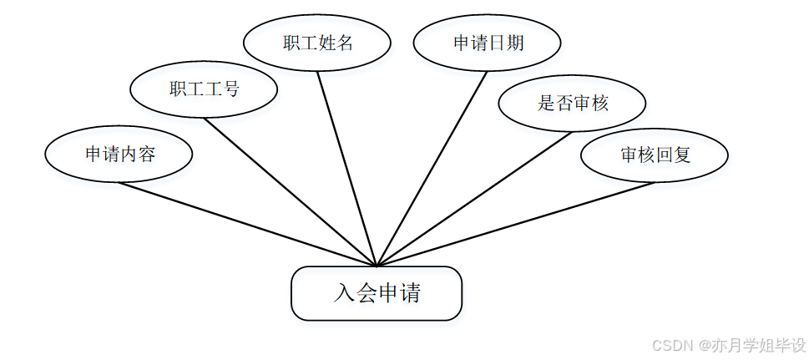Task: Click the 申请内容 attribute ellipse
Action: pyautogui.click(x=119, y=155)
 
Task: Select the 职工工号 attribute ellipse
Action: pyautogui.click(x=204, y=89)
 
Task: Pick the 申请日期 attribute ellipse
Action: pyautogui.click(x=488, y=43)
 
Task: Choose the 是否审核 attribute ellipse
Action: pyautogui.click(x=572, y=104)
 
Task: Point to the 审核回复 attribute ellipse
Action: pyautogui.click(x=655, y=155)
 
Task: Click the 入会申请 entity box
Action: pyautogui.click(x=376, y=293)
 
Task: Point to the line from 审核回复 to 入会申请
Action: pyautogui.click(x=515, y=224)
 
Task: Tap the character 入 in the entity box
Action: pyautogui.click(x=344, y=293)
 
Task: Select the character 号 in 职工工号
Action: pyautogui.click(x=230, y=89)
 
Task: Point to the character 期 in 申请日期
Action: pyautogui.click(x=514, y=43)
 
